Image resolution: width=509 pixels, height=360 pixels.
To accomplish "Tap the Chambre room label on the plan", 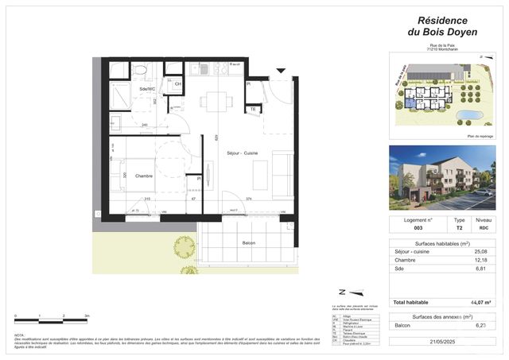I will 143,176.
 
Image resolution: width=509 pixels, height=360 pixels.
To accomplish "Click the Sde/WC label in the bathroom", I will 147,89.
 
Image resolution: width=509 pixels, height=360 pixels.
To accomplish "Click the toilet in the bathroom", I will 140,71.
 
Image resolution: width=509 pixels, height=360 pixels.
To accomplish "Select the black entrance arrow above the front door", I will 280,72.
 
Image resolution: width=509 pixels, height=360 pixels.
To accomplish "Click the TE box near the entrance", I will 252,109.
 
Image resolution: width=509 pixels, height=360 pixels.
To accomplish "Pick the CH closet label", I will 177,83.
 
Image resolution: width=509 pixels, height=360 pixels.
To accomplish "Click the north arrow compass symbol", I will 343,292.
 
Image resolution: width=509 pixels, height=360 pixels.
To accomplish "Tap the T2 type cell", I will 459,229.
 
